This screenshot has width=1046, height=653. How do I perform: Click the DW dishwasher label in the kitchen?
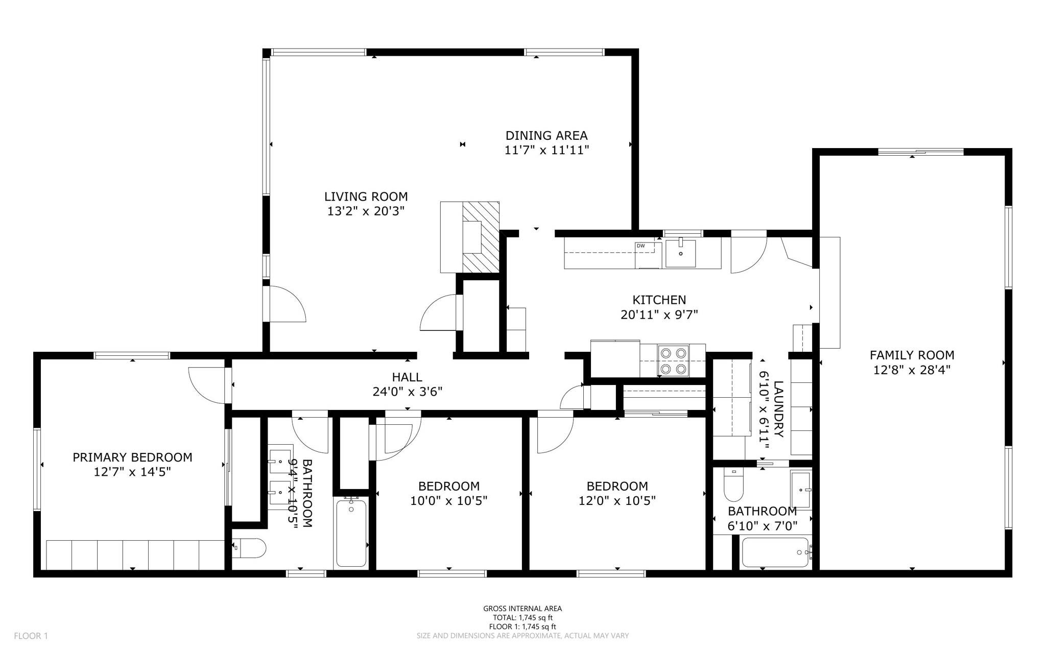click(640, 246)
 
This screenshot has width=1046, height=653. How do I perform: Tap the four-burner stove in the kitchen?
click(673, 360)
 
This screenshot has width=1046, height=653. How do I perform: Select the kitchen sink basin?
click(680, 253)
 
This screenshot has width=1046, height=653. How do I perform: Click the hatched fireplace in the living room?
click(481, 237)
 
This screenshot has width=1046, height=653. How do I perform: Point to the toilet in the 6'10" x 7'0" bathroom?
click(733, 487)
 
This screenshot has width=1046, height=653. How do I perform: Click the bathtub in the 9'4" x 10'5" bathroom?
click(351, 533)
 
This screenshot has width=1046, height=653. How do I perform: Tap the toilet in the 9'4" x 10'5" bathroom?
click(250, 548)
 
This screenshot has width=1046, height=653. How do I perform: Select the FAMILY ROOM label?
click(912, 355)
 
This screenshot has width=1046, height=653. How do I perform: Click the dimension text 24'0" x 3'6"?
click(407, 392)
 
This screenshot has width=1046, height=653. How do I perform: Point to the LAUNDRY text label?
click(778, 409)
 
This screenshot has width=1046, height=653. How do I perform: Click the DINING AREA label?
click(546, 135)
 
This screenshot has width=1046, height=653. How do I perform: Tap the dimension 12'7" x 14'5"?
click(132, 472)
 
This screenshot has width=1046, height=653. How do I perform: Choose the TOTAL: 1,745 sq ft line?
click(522, 617)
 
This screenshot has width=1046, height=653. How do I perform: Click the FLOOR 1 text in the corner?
click(31, 636)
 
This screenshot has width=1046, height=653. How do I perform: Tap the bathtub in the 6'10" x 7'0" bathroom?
click(775, 552)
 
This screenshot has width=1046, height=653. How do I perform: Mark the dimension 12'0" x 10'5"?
click(617, 501)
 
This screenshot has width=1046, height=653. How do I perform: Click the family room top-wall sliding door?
click(920, 152)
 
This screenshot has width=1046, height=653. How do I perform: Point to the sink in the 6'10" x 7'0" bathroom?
click(800, 489)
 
